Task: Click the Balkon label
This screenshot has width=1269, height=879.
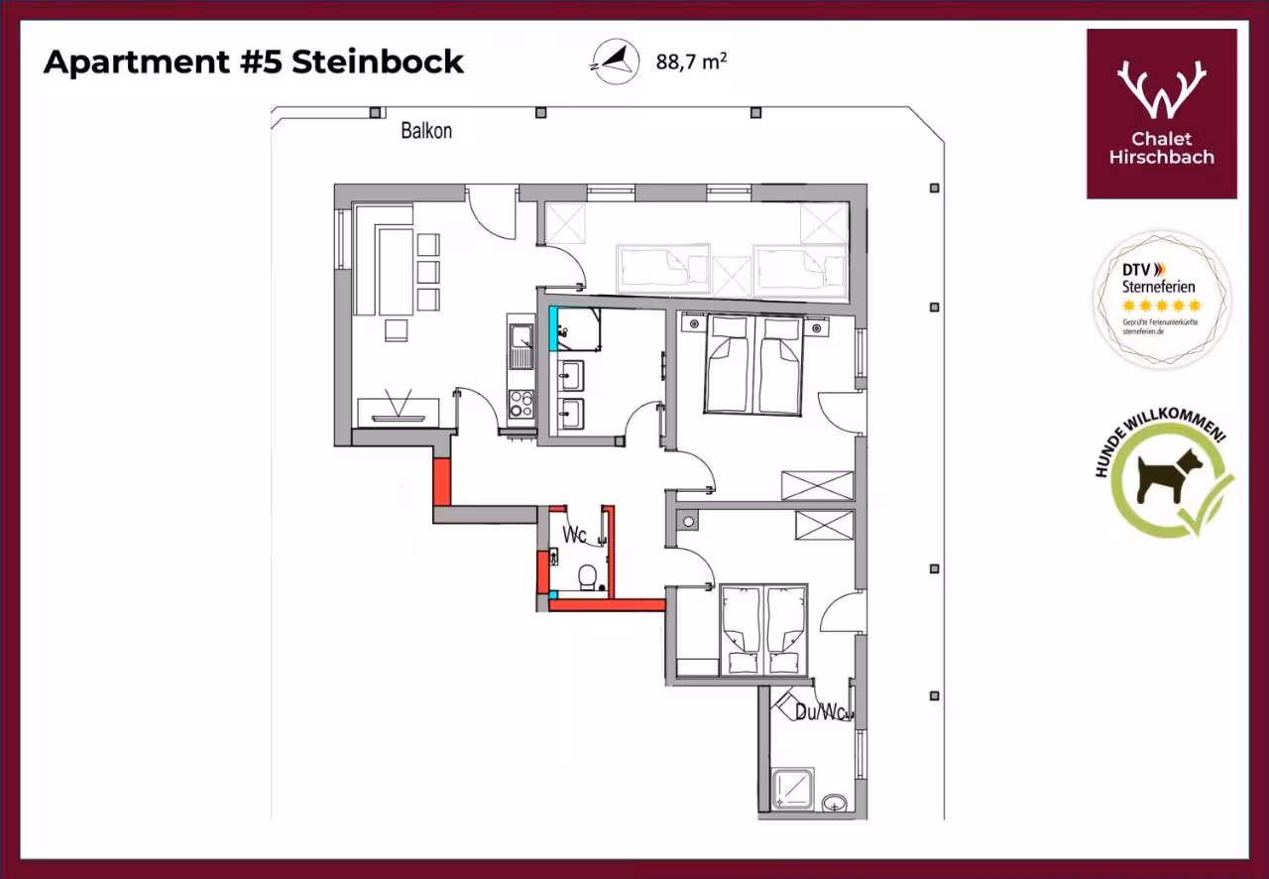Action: [426, 131]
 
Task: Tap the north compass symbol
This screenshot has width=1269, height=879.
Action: [616, 62]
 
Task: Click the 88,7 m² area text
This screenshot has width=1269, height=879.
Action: [691, 62]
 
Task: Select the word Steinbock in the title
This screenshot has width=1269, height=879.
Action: [378, 62]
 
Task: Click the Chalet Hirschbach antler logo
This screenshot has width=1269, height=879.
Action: [1161, 89]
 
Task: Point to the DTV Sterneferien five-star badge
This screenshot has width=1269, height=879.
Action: [1161, 299]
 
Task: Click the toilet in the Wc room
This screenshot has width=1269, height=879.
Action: [588, 577]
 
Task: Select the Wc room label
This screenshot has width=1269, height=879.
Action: [574, 534]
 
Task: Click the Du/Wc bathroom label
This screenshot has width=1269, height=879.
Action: [822, 712]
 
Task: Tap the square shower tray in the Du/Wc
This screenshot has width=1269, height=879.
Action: [793, 789]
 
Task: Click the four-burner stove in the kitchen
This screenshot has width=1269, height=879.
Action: [520, 404]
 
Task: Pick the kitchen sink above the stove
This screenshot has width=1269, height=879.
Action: [520, 345]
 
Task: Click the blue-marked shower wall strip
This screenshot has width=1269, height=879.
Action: [553, 329]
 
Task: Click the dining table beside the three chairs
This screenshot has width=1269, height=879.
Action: [395, 271]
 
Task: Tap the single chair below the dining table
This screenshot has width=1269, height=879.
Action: [396, 330]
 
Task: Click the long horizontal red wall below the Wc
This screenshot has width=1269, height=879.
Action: [607, 605]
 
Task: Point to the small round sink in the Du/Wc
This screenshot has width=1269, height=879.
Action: [835, 803]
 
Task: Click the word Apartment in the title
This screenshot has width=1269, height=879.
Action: [137, 63]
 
